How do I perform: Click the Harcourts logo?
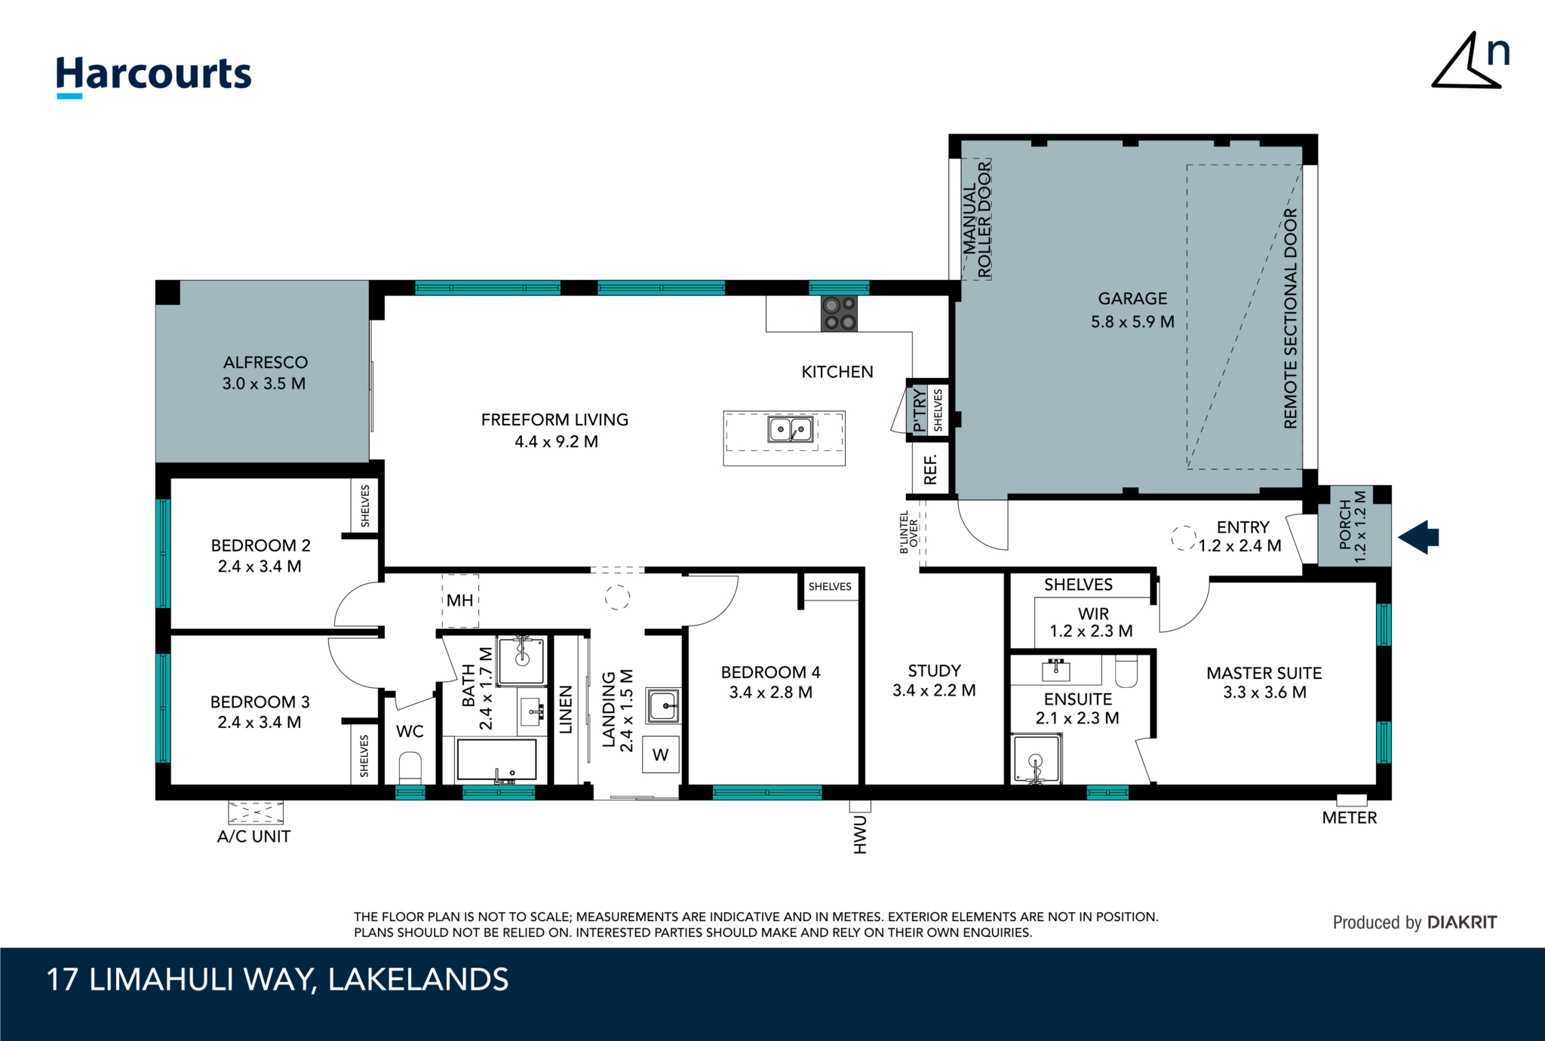tap(154, 75)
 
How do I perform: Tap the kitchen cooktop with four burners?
tap(839, 314)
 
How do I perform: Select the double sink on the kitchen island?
tap(790, 429)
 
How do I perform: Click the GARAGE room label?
tap(1132, 299)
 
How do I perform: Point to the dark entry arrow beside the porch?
tap(1419, 537)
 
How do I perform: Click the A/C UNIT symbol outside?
tap(256, 812)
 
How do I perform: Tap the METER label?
tap(1349, 818)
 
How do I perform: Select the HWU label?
tap(860, 834)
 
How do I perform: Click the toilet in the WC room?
tap(410, 767)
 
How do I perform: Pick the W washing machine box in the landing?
tap(660, 754)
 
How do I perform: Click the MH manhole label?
tap(459, 600)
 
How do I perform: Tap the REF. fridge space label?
tap(930, 469)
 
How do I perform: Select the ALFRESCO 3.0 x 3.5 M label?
tap(264, 373)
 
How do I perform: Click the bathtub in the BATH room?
tap(496, 759)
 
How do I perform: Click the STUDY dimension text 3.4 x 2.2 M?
tap(934, 690)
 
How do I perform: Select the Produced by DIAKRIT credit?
tap(1414, 922)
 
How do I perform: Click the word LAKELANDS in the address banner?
tap(418, 979)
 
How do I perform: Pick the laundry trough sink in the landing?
tap(663, 706)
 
